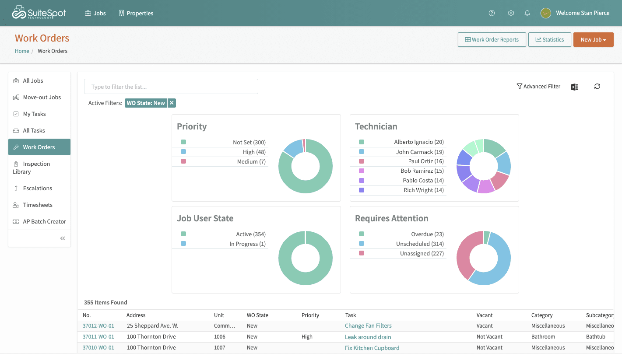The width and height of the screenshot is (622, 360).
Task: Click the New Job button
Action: pos(593,40)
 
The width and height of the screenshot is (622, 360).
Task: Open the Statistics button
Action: pos(549,40)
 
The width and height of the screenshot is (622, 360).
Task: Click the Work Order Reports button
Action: pos(492,40)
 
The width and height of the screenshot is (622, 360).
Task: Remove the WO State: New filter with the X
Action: pos(172,103)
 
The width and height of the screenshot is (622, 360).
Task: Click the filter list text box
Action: pos(171,87)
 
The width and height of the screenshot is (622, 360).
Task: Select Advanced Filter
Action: pos(538,86)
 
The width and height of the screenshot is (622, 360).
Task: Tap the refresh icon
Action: pos(597,86)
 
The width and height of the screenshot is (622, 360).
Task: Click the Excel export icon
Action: pos(575,87)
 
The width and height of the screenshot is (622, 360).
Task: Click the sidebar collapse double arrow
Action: pos(63,238)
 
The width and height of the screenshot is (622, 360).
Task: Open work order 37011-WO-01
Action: pos(98,337)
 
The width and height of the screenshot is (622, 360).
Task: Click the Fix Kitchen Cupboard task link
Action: pos(372,348)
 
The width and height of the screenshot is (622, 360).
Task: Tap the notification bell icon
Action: pos(527,13)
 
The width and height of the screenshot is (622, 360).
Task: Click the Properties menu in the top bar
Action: pos(136,13)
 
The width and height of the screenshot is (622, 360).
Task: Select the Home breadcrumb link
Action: pos(22,51)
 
